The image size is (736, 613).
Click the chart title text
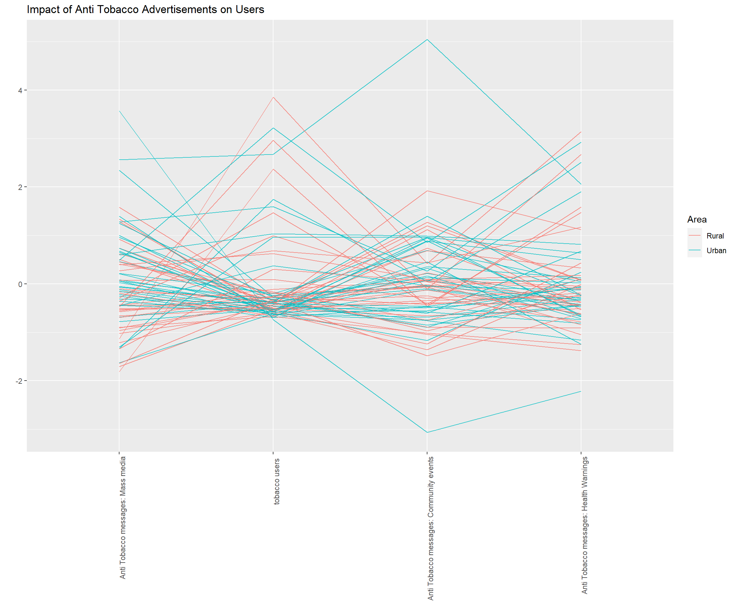pyautogui.click(x=145, y=10)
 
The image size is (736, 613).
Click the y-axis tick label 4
pyautogui.click(x=20, y=90)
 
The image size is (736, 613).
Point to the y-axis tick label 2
pyautogui.click(x=20, y=187)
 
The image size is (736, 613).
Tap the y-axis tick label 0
pyautogui.click(x=20, y=284)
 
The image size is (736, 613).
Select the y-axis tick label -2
pyautogui.click(x=19, y=381)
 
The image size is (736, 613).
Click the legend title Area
pyautogui.click(x=697, y=220)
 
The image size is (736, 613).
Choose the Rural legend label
pyautogui.click(x=715, y=236)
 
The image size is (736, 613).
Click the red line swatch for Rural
pyautogui.click(x=694, y=236)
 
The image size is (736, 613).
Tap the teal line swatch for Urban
pyautogui.click(x=694, y=250)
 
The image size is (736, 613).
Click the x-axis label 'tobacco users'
pyautogui.click(x=277, y=481)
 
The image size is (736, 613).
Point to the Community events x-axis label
pyautogui.click(x=430, y=528)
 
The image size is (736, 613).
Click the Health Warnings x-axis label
pyautogui.click(x=585, y=525)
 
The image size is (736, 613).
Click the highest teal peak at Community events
pyautogui.click(x=427, y=40)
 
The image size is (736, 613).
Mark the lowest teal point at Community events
pyautogui.click(x=427, y=432)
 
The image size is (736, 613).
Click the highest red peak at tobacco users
pyautogui.click(x=273, y=97)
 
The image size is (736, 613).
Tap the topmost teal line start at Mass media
pyautogui.click(x=119, y=111)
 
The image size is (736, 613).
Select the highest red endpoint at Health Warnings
pyautogui.click(x=581, y=132)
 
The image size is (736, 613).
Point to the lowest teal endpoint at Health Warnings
pyautogui.click(x=581, y=391)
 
